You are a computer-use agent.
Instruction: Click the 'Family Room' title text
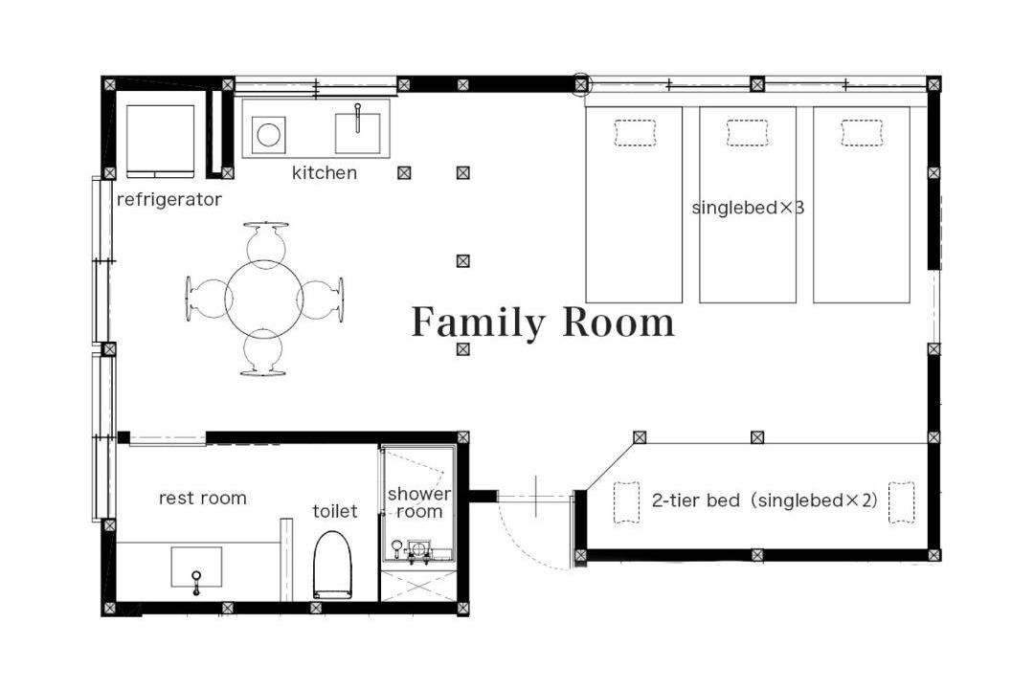pyautogui.click(x=543, y=322)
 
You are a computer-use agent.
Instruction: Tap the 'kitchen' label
pyautogui.click(x=325, y=173)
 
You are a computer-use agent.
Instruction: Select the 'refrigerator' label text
pyautogui.click(x=169, y=199)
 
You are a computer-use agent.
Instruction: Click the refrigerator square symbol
pyautogui.click(x=160, y=141)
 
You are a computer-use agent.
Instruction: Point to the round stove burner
pyautogui.click(x=269, y=135)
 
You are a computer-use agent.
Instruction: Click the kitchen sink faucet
pyautogui.click(x=357, y=118)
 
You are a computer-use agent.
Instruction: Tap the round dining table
pyautogui.click(x=264, y=300)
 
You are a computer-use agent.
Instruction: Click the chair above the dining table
pyautogui.click(x=265, y=241)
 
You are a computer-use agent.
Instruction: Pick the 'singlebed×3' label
pyautogui.click(x=748, y=208)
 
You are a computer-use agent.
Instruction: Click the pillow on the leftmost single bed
pyautogui.click(x=635, y=132)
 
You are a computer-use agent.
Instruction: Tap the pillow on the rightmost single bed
pyautogui.click(x=862, y=132)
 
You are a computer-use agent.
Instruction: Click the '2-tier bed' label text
pyautogui.click(x=696, y=500)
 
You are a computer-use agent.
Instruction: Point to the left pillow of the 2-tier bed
pyautogui.click(x=626, y=502)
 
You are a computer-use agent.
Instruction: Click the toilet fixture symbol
pyautogui.click(x=332, y=565)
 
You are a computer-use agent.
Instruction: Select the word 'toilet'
pyautogui.click(x=335, y=511)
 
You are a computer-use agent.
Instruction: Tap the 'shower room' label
pyautogui.click(x=419, y=502)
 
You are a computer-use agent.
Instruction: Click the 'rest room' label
pyautogui.click(x=203, y=498)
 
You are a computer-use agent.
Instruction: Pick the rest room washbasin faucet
pyautogui.click(x=196, y=583)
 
